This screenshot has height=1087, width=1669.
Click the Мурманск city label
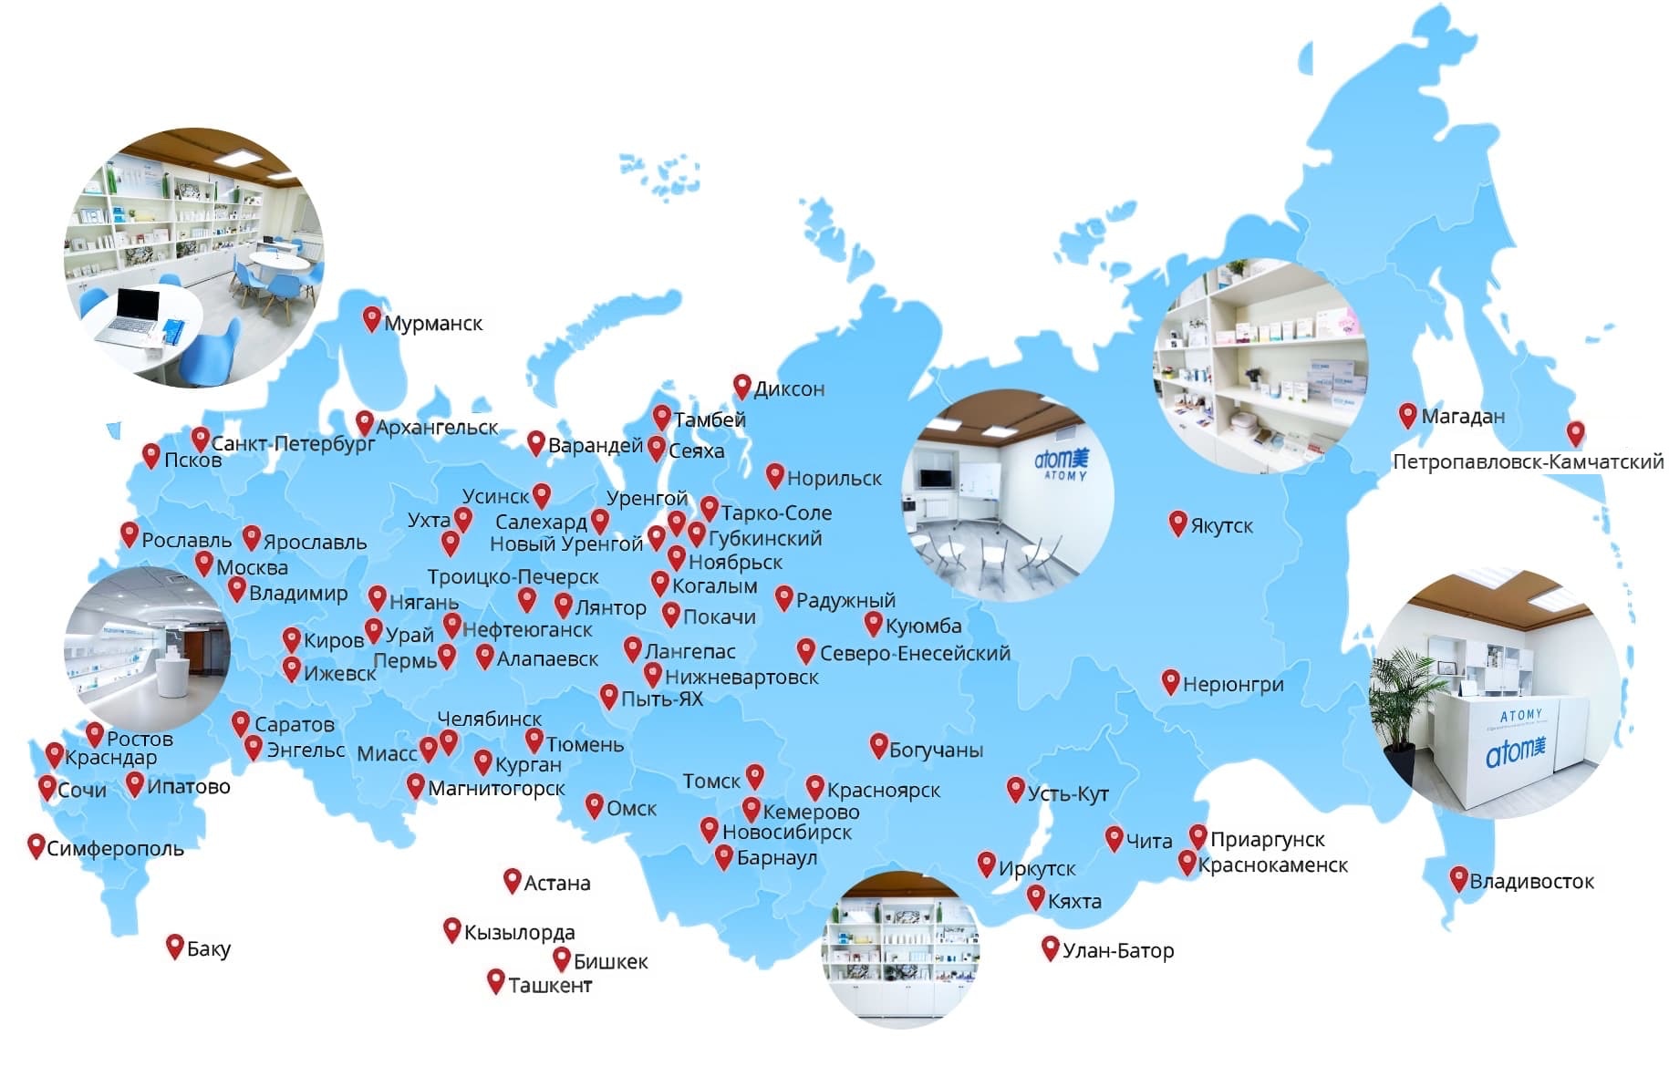coord(432,324)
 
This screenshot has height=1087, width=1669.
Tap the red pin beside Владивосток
coord(1458,878)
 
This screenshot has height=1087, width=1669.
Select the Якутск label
coord(1221,526)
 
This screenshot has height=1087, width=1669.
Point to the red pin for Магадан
coord(1407,415)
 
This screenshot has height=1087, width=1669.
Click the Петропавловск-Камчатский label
coord(1528,462)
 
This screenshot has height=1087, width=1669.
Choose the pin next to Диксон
coord(741,386)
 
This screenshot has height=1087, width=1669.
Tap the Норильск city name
coord(834,479)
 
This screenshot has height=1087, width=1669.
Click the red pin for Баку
coord(174,946)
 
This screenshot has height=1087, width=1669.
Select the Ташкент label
coord(550,986)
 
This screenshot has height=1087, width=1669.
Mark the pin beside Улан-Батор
coord(1050,947)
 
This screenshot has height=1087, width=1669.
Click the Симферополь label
coord(115,849)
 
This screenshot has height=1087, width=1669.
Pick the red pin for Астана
coord(512,880)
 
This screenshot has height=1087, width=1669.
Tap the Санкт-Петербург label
coord(293,444)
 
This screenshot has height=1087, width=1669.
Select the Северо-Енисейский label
coord(915,654)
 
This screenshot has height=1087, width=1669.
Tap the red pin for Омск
coord(594,805)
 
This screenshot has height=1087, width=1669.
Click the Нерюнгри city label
coord(1232,685)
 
